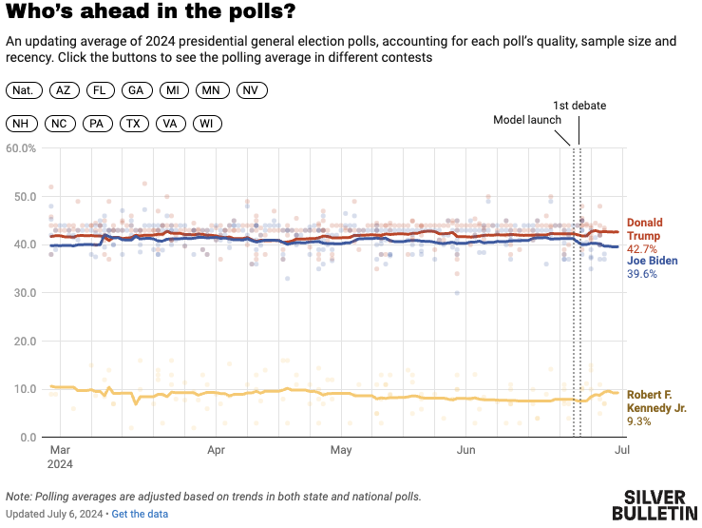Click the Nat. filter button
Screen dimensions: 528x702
pyautogui.click(x=24, y=90)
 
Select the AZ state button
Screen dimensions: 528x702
pyautogui.click(x=64, y=90)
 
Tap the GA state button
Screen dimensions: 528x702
pyautogui.click(x=136, y=90)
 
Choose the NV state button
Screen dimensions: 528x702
pyautogui.click(x=251, y=90)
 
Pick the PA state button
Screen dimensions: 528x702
pyautogui.click(x=96, y=124)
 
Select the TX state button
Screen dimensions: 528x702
pyautogui.click(x=134, y=124)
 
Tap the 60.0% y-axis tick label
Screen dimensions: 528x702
pyautogui.click(x=21, y=148)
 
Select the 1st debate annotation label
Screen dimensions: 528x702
pyautogui.click(x=579, y=106)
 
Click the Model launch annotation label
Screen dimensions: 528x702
pyautogui.click(x=527, y=121)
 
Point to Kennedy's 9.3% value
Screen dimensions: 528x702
pyautogui.click(x=639, y=421)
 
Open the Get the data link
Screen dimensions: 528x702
pyautogui.click(x=140, y=515)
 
